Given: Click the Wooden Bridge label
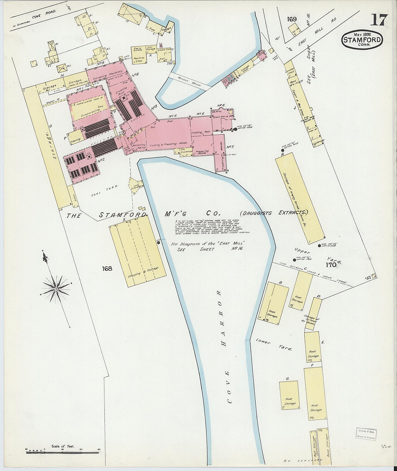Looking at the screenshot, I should (x=190, y=82).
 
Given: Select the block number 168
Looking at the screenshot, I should (x=107, y=268).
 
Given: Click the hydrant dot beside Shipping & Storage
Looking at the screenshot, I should (x=159, y=242).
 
